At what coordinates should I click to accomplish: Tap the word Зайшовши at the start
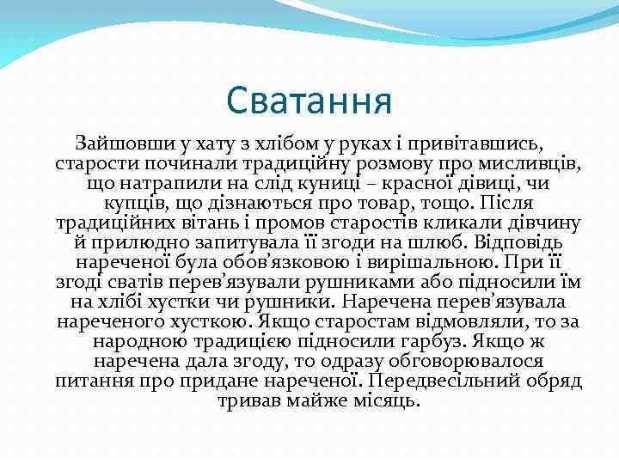tap(117, 141)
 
